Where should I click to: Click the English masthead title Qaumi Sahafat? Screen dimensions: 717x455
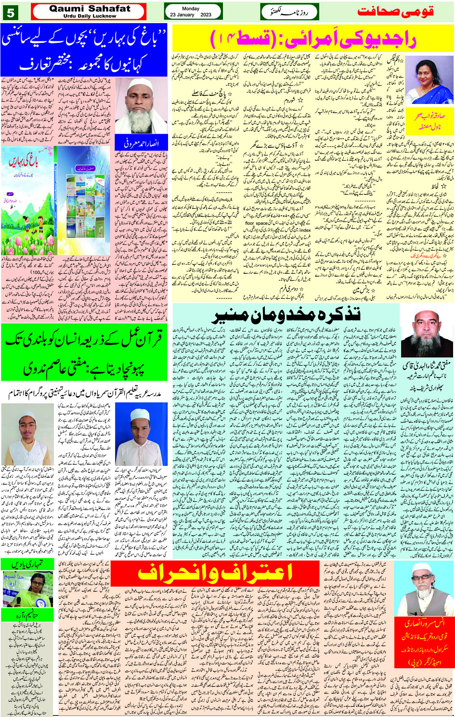pos(90,9)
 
